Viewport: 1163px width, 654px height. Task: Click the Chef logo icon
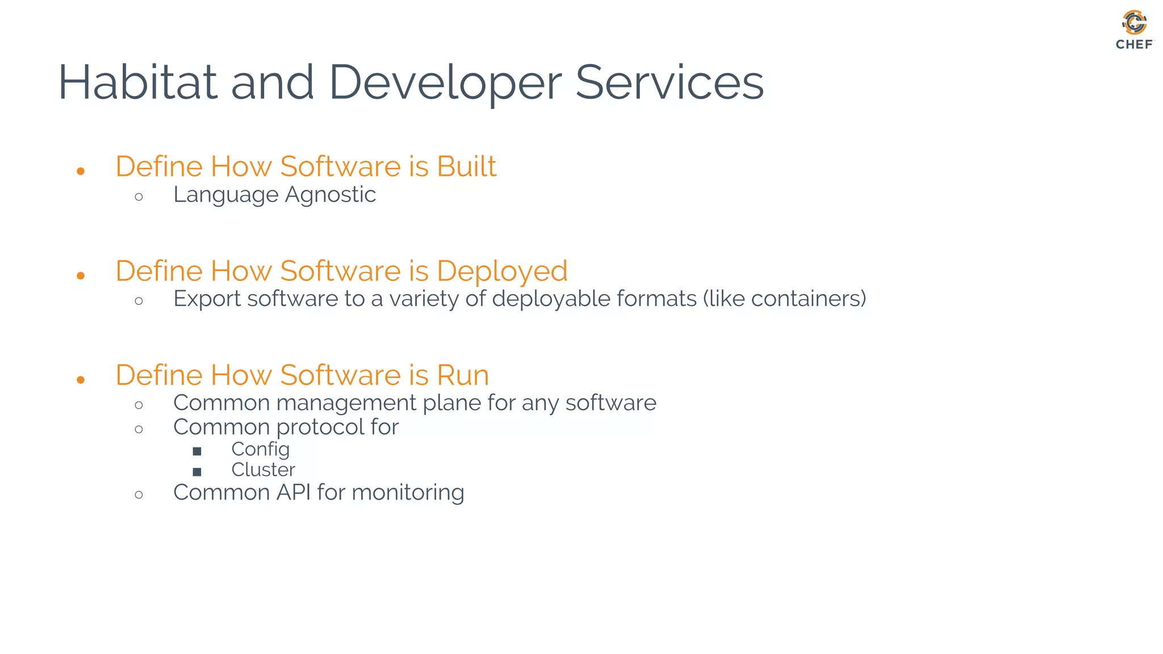(x=1134, y=23)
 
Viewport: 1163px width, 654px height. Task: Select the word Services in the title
(x=670, y=82)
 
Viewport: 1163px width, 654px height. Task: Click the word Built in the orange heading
(x=466, y=166)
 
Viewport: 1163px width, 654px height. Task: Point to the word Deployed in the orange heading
(x=502, y=271)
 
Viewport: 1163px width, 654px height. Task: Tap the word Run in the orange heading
(x=462, y=375)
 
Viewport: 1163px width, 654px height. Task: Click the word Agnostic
(x=330, y=195)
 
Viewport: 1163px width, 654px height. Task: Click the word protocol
(x=320, y=427)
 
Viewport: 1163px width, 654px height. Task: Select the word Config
(x=260, y=450)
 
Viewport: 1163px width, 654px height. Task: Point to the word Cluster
(x=263, y=469)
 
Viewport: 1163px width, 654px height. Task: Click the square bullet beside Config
(x=197, y=451)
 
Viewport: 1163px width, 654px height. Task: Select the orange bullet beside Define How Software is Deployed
(x=81, y=276)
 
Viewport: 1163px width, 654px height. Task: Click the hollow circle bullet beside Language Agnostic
(x=139, y=198)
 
